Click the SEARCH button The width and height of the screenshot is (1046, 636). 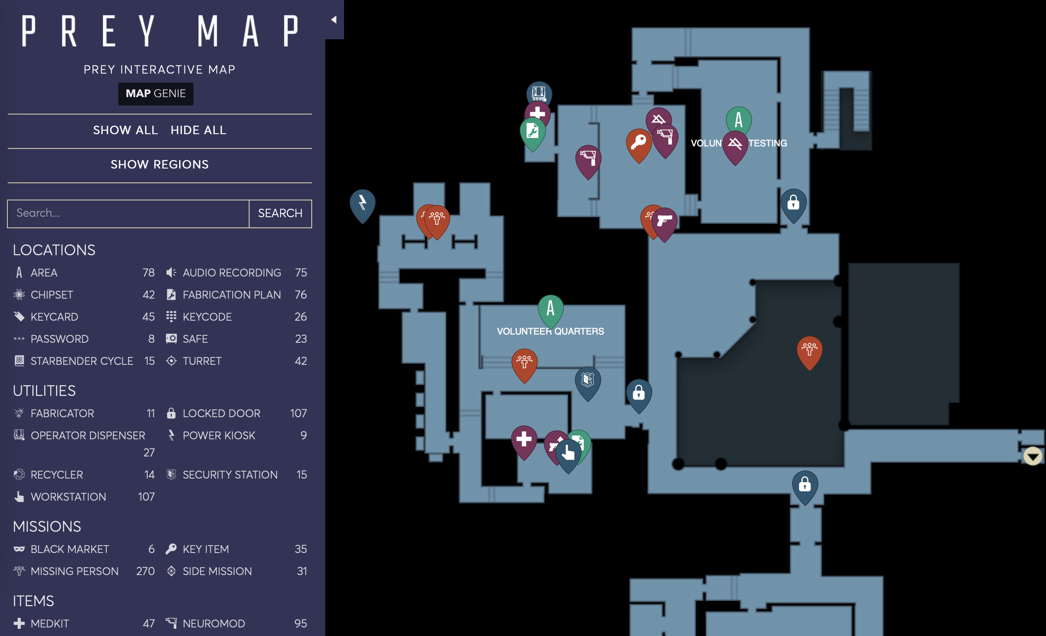pyautogui.click(x=280, y=213)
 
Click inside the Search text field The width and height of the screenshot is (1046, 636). pyautogui.click(x=128, y=213)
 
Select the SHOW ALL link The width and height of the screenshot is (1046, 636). pyautogui.click(x=125, y=130)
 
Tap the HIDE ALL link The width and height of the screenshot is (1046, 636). pyautogui.click(x=198, y=130)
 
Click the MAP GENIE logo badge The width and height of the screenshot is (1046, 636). pyautogui.click(x=155, y=93)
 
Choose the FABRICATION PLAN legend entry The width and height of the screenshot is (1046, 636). pyautogui.click(x=232, y=294)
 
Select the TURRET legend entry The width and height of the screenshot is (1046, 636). pyautogui.click(x=202, y=361)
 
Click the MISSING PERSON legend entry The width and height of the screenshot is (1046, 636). pyautogui.click(x=74, y=571)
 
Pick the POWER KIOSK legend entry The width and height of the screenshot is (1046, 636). pyautogui.click(x=218, y=435)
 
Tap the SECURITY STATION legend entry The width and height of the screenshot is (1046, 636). pyautogui.click(x=229, y=474)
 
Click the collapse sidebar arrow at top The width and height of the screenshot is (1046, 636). pyautogui.click(x=334, y=20)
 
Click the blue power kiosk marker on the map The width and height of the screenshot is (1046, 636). pyautogui.click(x=362, y=203)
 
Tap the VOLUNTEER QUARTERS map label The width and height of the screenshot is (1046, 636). pyautogui.click(x=550, y=331)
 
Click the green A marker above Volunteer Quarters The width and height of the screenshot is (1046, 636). pyautogui.click(x=550, y=308)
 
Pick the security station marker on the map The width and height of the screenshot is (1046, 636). pyautogui.click(x=587, y=380)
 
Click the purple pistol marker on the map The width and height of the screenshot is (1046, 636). pyautogui.click(x=664, y=221)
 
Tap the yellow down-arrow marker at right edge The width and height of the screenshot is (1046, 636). pyautogui.click(x=1033, y=456)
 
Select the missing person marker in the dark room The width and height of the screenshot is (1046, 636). pyautogui.click(x=809, y=350)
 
